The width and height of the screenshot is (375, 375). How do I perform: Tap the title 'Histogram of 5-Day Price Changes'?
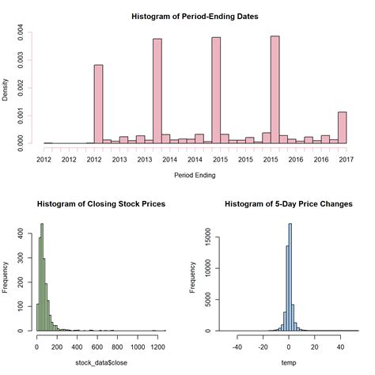click(x=290, y=204)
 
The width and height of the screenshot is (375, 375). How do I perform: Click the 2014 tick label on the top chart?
click(x=170, y=160)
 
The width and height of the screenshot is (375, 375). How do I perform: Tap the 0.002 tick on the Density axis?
click(x=21, y=88)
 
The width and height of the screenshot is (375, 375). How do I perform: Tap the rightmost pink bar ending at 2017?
click(x=342, y=127)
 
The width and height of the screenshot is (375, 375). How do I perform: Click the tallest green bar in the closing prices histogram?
click(x=42, y=277)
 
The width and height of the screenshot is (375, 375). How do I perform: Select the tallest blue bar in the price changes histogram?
click(x=290, y=277)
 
